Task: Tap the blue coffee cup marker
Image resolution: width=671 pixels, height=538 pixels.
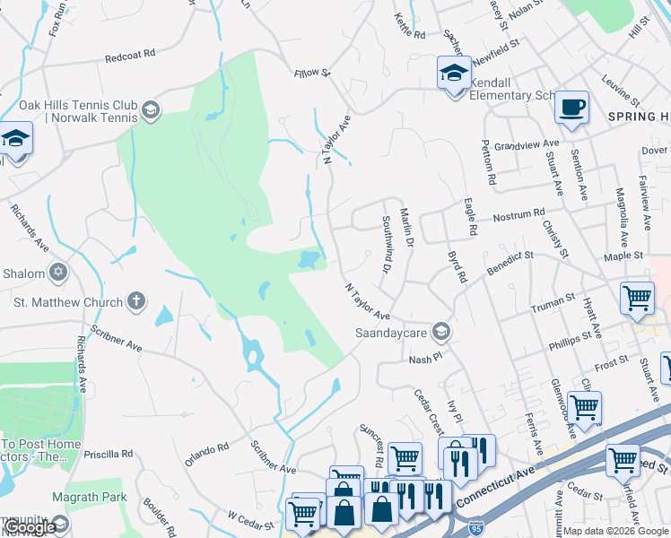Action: click(x=571, y=108)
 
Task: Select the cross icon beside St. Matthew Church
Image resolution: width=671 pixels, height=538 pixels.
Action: click(x=136, y=301)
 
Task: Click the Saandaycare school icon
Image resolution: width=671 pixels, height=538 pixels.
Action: click(x=440, y=332)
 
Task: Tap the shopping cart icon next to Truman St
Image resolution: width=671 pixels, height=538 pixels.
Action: click(x=637, y=296)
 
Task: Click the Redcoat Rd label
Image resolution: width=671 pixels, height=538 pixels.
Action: click(x=132, y=56)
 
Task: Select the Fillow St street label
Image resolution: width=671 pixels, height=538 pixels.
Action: click(x=312, y=71)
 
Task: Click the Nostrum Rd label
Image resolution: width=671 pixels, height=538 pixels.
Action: click(x=518, y=215)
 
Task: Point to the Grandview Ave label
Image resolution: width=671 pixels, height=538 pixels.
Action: click(x=533, y=143)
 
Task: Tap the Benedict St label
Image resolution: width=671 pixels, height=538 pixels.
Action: click(x=510, y=260)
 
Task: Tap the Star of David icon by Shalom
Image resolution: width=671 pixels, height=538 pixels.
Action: click(x=59, y=272)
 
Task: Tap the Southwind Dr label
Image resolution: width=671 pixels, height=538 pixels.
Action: click(x=388, y=244)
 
